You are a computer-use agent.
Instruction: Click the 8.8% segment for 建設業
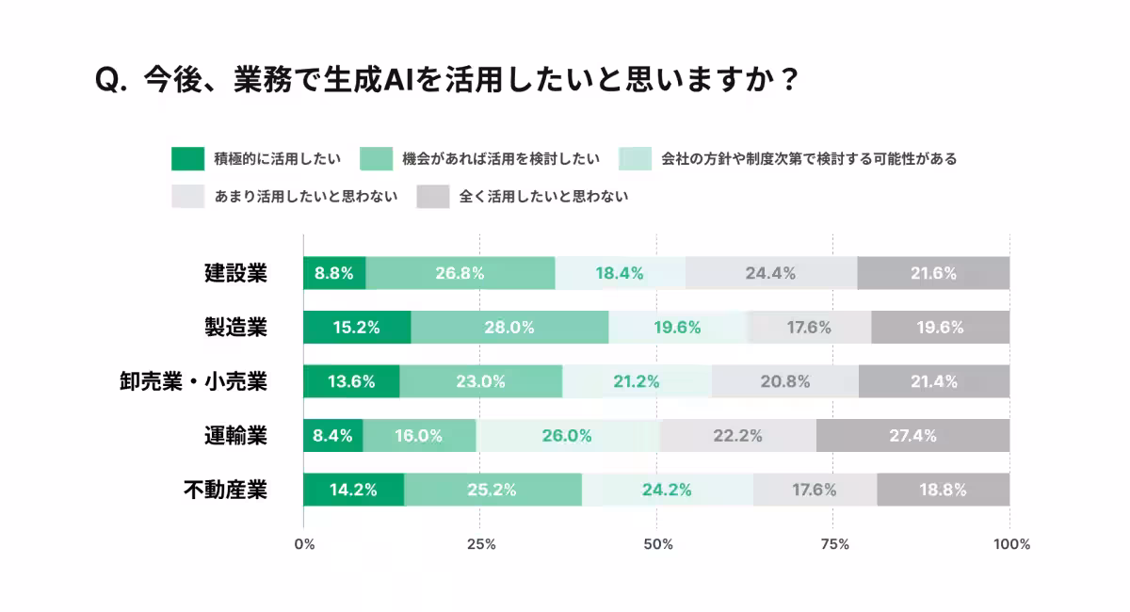(x=334, y=273)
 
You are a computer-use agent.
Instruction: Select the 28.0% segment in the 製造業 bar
(x=509, y=328)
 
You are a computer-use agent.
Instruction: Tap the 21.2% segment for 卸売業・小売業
(x=637, y=381)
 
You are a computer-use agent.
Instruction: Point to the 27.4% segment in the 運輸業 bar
(x=912, y=436)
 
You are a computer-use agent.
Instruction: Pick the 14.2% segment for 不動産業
(x=353, y=490)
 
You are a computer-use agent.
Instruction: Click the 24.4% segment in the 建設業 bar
(x=770, y=273)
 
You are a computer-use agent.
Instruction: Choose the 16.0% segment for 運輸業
(x=419, y=436)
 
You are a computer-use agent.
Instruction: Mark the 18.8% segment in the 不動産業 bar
(x=943, y=490)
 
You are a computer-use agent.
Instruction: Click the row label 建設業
(x=235, y=273)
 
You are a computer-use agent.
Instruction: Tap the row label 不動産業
(x=225, y=490)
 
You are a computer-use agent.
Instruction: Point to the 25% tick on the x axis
(x=481, y=544)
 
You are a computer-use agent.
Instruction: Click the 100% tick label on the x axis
(x=1011, y=544)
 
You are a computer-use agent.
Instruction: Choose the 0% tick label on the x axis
(x=304, y=544)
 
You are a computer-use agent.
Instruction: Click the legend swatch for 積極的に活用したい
(x=187, y=159)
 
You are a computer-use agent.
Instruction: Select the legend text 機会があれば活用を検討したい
(x=500, y=159)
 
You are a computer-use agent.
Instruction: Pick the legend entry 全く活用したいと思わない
(x=543, y=197)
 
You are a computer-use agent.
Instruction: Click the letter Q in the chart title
(x=105, y=80)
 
